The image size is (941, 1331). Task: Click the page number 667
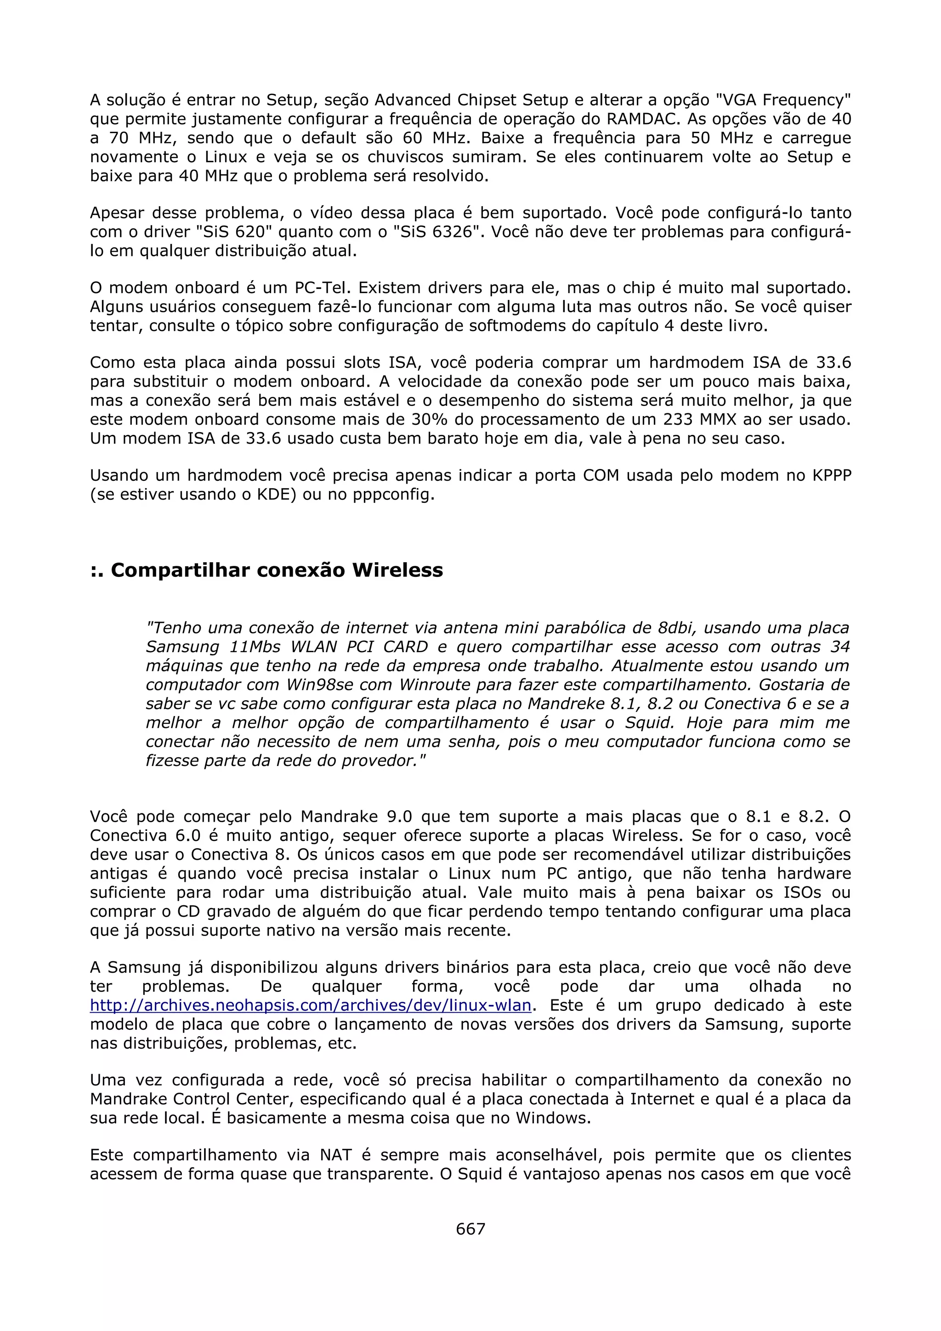click(x=470, y=1229)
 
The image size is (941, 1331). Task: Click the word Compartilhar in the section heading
click(x=180, y=570)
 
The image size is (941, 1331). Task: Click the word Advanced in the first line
click(x=412, y=100)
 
